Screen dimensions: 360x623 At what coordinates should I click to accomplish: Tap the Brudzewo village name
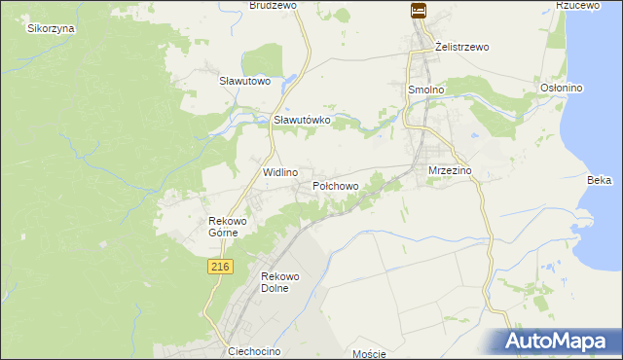pyautogui.click(x=273, y=5)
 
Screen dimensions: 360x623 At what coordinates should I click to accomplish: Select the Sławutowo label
pyautogui.click(x=243, y=81)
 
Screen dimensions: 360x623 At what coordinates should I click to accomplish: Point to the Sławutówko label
pyautogui.click(x=303, y=120)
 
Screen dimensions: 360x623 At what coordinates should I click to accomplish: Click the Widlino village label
pyautogui.click(x=280, y=171)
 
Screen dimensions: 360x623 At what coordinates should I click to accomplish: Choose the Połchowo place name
pyautogui.click(x=336, y=185)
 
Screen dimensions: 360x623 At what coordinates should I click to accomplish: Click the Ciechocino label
pyautogui.click(x=254, y=350)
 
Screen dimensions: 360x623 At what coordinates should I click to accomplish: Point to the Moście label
pyautogui.click(x=370, y=353)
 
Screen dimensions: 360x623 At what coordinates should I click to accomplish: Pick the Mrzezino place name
pyautogui.click(x=450, y=170)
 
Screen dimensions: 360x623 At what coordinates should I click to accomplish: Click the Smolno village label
pyautogui.click(x=424, y=90)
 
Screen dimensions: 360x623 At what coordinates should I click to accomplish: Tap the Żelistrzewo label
pyautogui.click(x=461, y=47)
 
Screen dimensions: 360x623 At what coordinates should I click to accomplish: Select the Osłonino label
pyautogui.click(x=561, y=88)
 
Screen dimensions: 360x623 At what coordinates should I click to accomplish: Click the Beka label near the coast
pyautogui.click(x=599, y=180)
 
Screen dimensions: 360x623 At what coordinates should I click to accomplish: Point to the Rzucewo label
pyautogui.click(x=575, y=5)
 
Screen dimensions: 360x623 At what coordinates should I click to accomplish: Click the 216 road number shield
pyautogui.click(x=219, y=266)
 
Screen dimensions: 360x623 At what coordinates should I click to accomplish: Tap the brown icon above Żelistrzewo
pyautogui.click(x=418, y=11)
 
